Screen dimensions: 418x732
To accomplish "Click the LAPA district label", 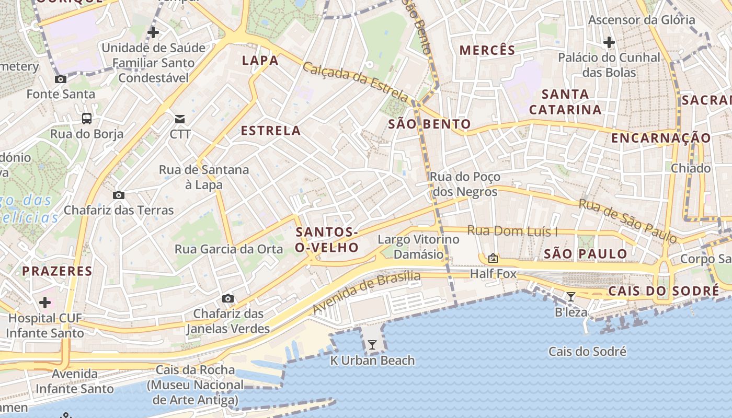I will [260, 61].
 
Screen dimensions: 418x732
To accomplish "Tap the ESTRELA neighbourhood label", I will [270, 131].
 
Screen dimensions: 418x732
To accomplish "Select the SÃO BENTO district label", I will [429, 124].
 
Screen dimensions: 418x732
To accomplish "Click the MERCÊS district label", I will [487, 50].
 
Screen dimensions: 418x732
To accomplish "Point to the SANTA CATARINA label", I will [565, 102].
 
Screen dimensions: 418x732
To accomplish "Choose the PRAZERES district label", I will [57, 271].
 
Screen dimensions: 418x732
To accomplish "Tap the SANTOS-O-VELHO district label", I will [327, 240].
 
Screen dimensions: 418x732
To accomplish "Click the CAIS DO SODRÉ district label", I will [664, 291].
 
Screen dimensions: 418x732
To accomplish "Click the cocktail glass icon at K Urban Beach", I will [372, 345].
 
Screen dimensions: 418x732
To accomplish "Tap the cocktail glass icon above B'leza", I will [571, 297].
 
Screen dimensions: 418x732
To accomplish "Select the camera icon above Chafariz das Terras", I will [119, 195].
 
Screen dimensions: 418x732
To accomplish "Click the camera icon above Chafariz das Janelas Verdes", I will [227, 298].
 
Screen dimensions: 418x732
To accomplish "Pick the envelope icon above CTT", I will [180, 119].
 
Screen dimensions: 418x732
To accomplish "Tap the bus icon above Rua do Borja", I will [87, 119].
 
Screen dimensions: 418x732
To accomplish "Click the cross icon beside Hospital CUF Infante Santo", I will [45, 302].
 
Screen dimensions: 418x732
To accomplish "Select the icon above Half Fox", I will [493, 258].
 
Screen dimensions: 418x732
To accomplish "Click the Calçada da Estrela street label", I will [356, 83].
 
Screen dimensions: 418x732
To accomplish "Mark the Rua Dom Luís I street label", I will [512, 230].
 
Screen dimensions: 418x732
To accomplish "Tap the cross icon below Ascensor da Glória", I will [609, 42].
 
